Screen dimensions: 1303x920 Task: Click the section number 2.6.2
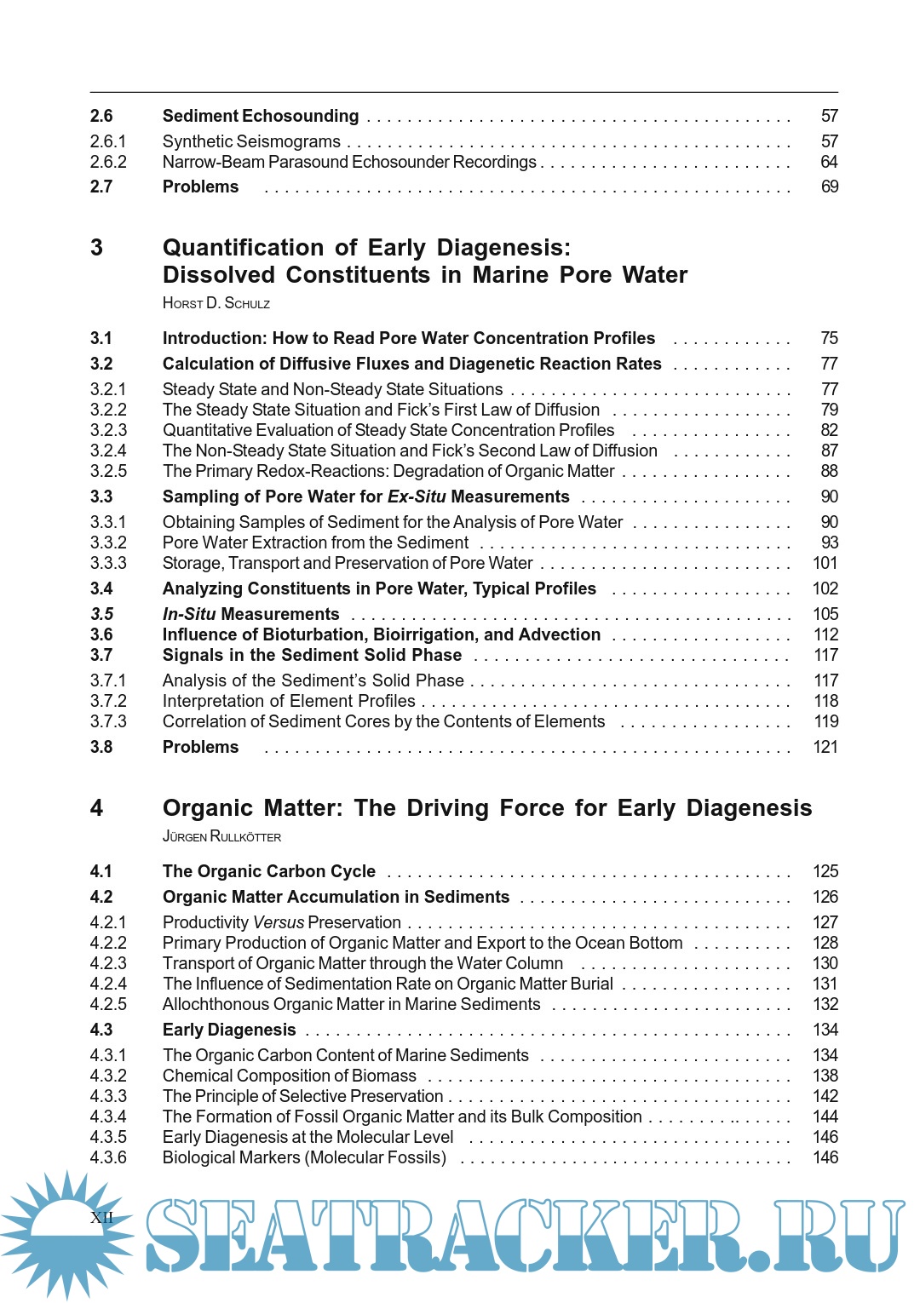108,162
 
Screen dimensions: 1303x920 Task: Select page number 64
829,162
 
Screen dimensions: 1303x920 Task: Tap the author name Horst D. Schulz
216,303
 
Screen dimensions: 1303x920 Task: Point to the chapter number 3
97,248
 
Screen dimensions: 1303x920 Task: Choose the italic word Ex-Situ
417,497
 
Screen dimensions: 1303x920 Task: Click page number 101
825,563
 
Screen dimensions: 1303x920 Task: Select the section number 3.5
101,614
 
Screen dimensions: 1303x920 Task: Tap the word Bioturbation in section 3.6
314,634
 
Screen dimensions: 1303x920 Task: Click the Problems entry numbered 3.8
201,747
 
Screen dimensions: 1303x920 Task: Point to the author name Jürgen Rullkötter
221,836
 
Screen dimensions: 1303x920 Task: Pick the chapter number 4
97,808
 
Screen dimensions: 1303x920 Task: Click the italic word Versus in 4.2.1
279,922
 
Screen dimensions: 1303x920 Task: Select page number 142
825,1096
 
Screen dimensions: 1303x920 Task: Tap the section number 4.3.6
108,1157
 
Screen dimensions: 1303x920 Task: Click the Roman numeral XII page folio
101,1217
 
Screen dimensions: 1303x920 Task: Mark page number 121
825,747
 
